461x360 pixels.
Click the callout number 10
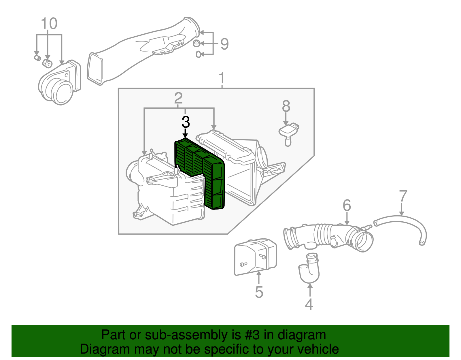point(49,23)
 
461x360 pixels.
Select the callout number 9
point(224,44)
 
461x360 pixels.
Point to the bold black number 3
point(186,122)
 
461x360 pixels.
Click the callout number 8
point(286,106)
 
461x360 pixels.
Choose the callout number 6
point(347,205)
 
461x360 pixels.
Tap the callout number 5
point(259,292)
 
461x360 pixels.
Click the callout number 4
point(309,304)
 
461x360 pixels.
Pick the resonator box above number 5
point(256,257)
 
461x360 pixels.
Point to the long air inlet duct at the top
point(143,51)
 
